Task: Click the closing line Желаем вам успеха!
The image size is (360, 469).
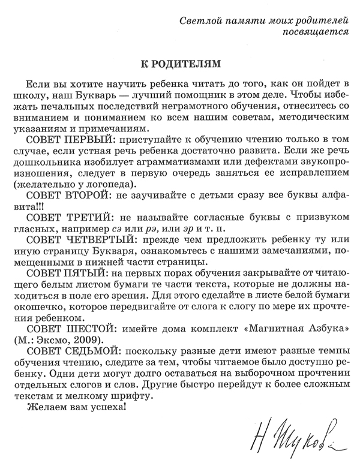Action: [x=76, y=410]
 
